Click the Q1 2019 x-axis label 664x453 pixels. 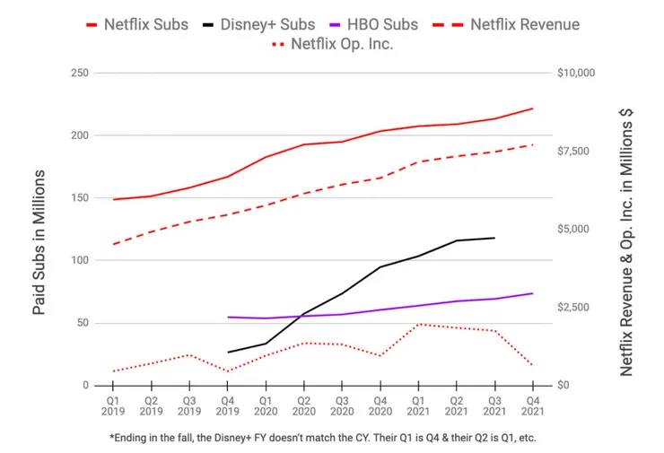pos(113,405)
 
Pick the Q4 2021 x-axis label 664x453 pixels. pos(532,405)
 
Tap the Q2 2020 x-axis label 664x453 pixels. pos(303,405)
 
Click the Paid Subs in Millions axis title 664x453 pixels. pos(39,242)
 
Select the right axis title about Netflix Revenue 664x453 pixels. pos(627,242)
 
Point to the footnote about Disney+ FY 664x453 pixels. pos(323,438)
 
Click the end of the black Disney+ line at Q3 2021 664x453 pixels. pos(494,238)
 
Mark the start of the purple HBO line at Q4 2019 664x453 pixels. pos(228,317)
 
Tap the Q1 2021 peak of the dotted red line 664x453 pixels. pos(418,324)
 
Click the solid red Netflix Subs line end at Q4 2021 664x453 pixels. pos(532,109)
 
